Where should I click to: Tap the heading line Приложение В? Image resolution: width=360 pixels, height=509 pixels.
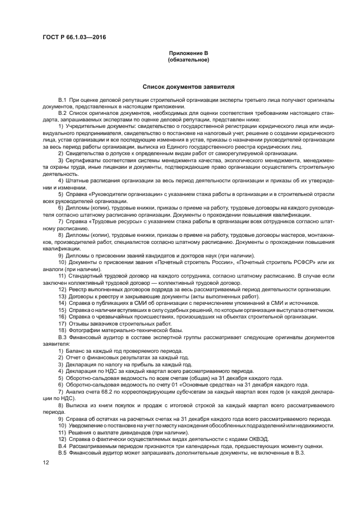click(x=188, y=53)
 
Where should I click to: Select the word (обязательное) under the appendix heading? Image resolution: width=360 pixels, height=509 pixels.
click(x=188, y=59)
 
